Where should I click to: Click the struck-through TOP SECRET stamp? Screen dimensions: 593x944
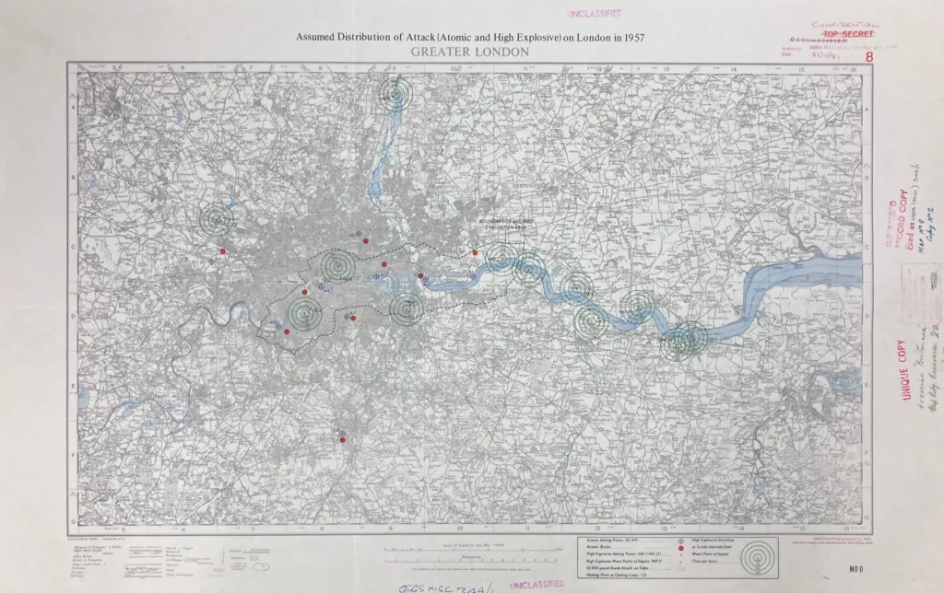coord(838,33)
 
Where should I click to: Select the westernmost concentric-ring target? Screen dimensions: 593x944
coord(218,218)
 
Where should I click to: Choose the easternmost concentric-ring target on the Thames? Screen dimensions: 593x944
coord(684,341)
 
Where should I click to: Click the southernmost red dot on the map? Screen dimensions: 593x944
coord(343,441)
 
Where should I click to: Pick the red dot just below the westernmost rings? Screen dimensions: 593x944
coord(222,250)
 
